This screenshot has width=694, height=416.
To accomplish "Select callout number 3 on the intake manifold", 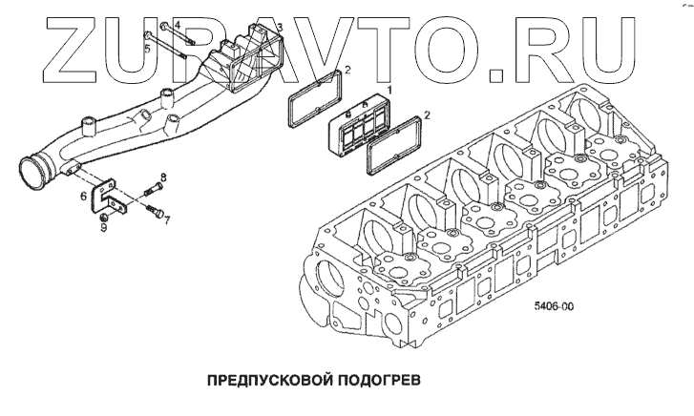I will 280,29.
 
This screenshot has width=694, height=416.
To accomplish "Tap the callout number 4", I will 151,23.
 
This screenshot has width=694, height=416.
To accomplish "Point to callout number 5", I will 146,45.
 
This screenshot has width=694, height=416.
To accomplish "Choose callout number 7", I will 166,220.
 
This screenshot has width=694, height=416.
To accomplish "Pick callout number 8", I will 163,178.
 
